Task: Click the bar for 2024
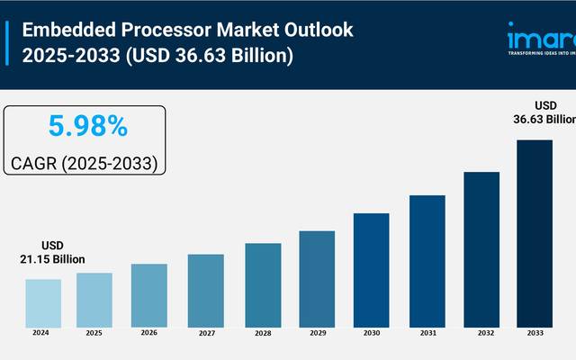43,302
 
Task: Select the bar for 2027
205,290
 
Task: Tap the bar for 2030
371,269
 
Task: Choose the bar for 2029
317,278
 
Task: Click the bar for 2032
481,248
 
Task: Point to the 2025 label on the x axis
94,333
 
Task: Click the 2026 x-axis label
149,333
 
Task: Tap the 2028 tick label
262,333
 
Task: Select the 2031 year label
427,333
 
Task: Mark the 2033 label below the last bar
534,333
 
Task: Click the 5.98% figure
86,127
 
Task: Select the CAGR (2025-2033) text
85,163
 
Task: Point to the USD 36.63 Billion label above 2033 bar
545,111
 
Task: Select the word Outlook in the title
319,29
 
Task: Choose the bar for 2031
427,260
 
